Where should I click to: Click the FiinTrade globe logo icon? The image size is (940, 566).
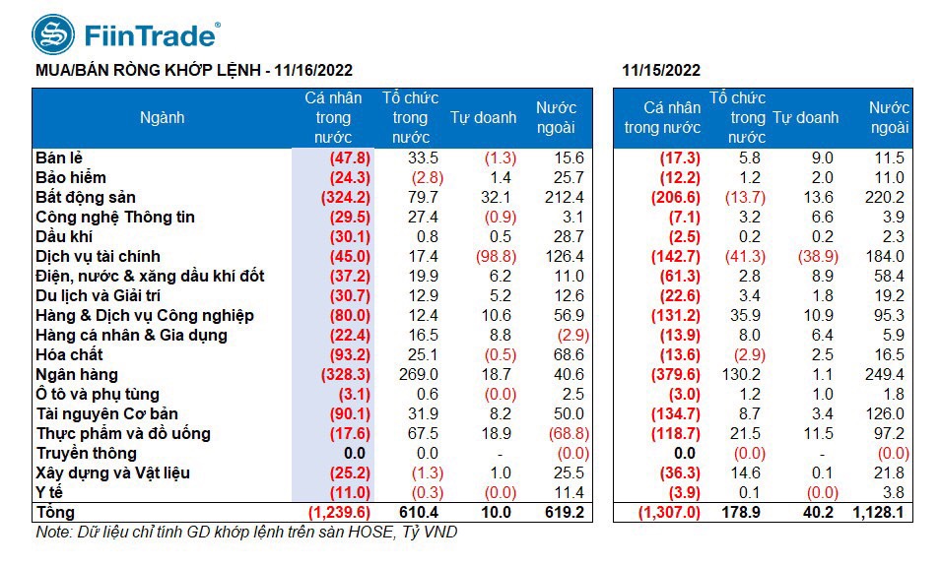click(x=52, y=34)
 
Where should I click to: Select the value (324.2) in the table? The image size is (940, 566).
click(x=339, y=197)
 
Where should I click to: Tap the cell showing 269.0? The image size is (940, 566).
click(x=419, y=374)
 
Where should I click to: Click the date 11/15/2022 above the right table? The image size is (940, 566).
click(x=661, y=70)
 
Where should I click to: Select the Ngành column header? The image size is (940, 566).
click(x=163, y=117)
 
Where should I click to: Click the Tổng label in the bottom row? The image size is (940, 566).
click(x=55, y=512)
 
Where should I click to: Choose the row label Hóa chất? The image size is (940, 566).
click(x=68, y=354)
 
